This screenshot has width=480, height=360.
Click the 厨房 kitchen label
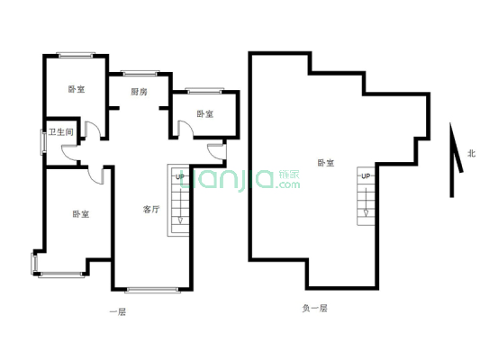pos(139,92)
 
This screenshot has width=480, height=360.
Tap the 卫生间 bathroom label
pos(61,133)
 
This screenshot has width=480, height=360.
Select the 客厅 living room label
pos(151,210)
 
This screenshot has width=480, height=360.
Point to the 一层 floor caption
pos(117,311)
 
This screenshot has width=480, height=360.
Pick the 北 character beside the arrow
pos(470,153)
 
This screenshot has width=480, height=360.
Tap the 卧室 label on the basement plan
pos(325,163)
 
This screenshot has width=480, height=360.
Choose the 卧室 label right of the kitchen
pos(205,114)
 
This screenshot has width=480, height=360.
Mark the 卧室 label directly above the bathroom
pos(77,89)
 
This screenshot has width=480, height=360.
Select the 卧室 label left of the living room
pos(80,214)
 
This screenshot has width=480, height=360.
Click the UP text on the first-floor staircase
pos(179,177)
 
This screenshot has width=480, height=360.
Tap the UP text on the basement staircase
pos(365,175)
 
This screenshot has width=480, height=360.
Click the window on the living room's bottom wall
pos(152,290)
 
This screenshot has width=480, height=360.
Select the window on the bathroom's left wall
pos(42,141)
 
